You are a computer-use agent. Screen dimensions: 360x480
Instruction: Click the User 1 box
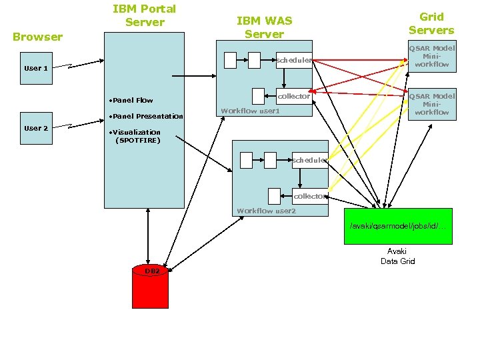(x=36, y=68)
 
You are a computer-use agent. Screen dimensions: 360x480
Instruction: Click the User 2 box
(x=36, y=128)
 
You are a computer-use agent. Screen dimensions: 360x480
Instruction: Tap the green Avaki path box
(x=397, y=226)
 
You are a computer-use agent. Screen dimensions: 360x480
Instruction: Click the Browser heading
(x=38, y=37)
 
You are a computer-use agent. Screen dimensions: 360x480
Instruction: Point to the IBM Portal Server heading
(x=144, y=15)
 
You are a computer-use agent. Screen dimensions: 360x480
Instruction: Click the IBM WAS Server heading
(x=264, y=27)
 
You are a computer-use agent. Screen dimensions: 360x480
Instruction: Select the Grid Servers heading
(x=431, y=23)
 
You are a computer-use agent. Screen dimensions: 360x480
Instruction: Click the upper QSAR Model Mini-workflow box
(x=431, y=57)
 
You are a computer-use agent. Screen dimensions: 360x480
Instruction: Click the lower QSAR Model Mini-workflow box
(x=431, y=104)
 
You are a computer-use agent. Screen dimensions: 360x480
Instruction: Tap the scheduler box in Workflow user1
(x=294, y=60)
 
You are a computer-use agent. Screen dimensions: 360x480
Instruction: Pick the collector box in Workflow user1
(x=294, y=96)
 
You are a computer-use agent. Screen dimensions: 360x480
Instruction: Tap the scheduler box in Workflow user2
(x=310, y=160)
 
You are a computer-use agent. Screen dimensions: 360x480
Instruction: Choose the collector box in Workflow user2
(x=310, y=196)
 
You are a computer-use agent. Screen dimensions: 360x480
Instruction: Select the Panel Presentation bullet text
(x=146, y=116)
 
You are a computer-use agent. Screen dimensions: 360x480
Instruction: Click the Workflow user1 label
(x=250, y=111)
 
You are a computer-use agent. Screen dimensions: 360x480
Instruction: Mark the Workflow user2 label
(x=266, y=211)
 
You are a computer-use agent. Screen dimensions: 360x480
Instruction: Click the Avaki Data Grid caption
(x=397, y=256)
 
